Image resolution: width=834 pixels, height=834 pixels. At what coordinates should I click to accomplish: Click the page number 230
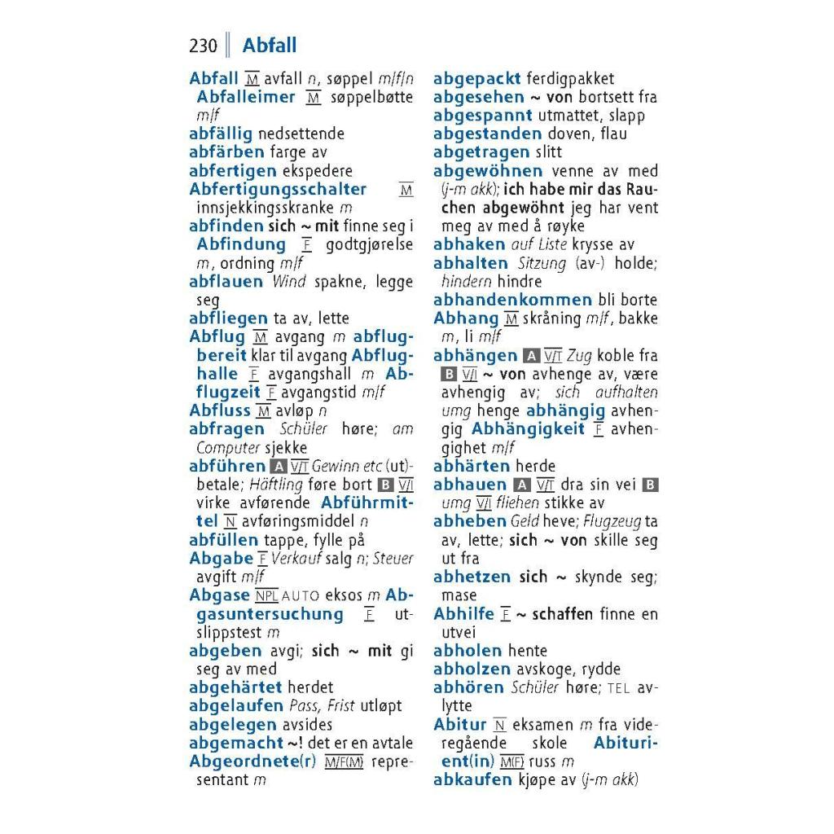203,46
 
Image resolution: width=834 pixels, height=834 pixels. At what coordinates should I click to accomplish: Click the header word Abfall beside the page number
270,46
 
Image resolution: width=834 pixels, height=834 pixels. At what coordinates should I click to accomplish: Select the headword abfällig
221,134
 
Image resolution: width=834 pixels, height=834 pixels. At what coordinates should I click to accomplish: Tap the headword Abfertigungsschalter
278,190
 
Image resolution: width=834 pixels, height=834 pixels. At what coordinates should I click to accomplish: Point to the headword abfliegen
228,318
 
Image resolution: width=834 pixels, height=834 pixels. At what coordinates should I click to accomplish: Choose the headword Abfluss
219,410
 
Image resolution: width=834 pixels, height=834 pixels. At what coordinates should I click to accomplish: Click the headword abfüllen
223,540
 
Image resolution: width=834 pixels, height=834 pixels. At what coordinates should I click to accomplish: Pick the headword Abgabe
221,559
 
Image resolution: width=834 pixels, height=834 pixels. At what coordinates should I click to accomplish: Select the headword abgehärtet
235,687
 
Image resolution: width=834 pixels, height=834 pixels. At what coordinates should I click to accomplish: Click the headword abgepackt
476,79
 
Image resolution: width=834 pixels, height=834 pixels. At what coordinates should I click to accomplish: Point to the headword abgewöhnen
488,171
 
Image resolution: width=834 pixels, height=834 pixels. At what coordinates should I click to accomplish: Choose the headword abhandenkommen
512,300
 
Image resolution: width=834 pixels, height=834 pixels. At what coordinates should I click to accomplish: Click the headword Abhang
466,318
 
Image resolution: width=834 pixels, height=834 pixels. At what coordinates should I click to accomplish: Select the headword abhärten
472,466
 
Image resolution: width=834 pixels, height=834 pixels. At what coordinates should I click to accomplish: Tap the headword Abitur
460,725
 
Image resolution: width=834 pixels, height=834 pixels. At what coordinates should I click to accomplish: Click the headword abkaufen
472,779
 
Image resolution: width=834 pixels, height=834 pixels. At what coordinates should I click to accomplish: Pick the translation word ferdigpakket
570,79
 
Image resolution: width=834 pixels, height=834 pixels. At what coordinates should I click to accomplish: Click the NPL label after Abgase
266,595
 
